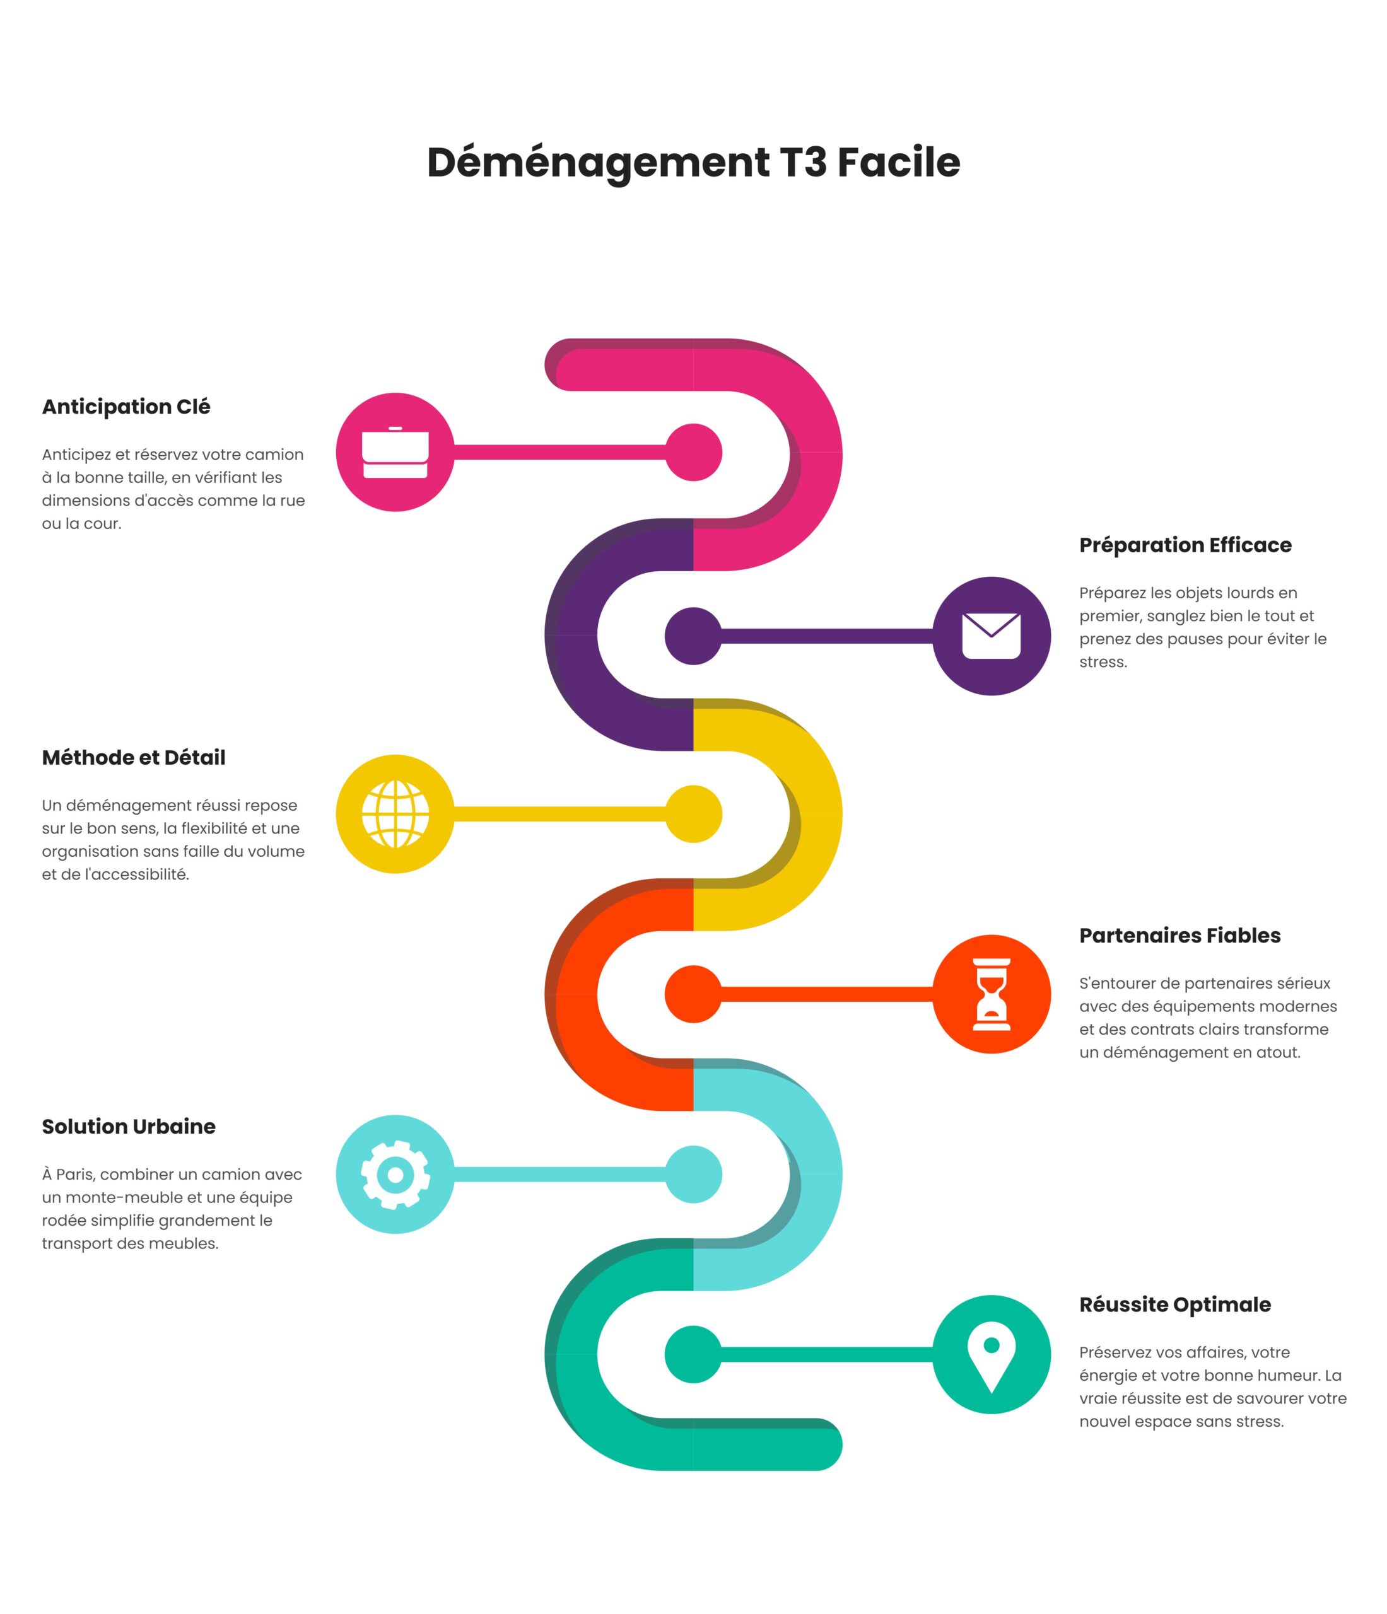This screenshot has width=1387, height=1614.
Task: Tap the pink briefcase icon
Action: [x=395, y=452]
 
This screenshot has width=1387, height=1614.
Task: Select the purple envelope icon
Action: [x=991, y=636]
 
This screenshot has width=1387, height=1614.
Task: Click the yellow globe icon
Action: [x=395, y=813]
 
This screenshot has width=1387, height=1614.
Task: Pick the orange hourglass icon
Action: [x=991, y=994]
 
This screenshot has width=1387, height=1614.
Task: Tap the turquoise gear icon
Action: [x=395, y=1174]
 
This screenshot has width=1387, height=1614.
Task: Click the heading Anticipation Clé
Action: [x=126, y=407]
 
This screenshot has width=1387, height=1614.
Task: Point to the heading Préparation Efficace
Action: [x=1185, y=545]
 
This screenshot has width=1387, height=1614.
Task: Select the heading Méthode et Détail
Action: [x=133, y=757]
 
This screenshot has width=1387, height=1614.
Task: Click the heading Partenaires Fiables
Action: [x=1179, y=935]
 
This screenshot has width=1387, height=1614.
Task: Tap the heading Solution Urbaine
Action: [x=129, y=1127]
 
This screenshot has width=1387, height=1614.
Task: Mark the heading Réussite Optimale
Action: [x=1175, y=1304]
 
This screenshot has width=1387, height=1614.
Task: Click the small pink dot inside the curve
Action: [x=694, y=452]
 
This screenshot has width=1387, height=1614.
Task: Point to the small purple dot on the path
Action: [x=694, y=636]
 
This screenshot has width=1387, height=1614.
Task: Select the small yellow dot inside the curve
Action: [x=694, y=813]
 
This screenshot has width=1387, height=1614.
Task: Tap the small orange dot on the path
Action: [x=694, y=994]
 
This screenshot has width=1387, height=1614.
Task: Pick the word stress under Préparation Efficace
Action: [x=1103, y=662]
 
